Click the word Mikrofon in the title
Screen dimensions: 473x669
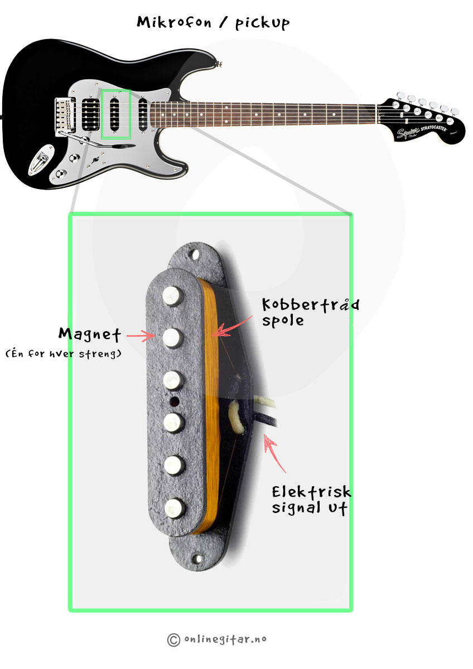click(x=174, y=22)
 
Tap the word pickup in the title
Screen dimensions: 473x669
click(x=262, y=23)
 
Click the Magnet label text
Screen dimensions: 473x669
click(x=90, y=334)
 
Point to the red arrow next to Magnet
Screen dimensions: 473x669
click(x=141, y=336)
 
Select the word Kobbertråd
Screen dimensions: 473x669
click(x=311, y=304)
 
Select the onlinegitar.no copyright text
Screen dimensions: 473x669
click(x=216, y=639)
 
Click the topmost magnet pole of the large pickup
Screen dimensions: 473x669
click(x=172, y=296)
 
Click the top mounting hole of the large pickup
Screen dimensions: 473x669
click(x=195, y=255)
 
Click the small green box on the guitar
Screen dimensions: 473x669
click(x=116, y=114)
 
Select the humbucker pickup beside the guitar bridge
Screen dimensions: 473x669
click(x=90, y=115)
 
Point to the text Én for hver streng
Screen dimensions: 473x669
click(x=64, y=354)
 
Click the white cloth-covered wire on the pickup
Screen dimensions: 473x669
click(x=236, y=416)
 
